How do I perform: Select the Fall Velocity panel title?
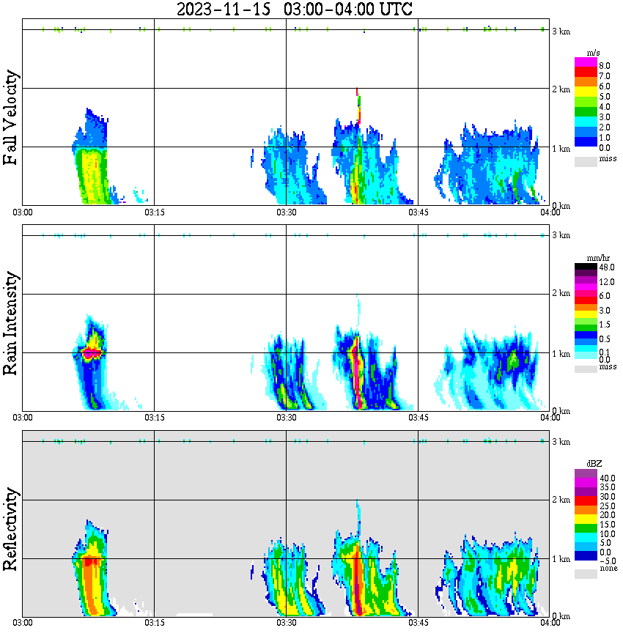11,118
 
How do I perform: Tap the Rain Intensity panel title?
11,323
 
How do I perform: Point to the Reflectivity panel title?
11,531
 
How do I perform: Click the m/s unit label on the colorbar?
592,53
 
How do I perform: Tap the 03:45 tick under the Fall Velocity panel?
418,212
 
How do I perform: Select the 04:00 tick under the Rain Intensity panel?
550,417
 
